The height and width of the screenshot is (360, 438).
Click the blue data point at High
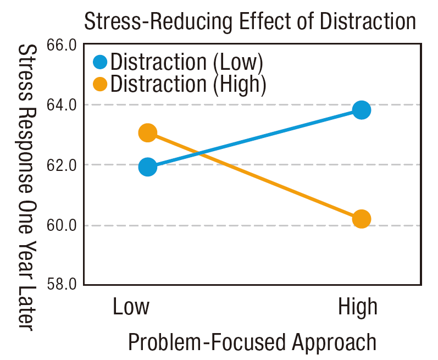[x=361, y=110]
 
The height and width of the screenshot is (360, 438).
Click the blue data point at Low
[x=148, y=167]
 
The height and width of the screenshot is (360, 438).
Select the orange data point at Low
[x=147, y=132]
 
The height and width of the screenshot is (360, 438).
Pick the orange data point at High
[x=361, y=219]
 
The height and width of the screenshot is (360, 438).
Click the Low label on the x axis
[x=131, y=307]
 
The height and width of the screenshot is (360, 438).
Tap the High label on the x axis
[x=358, y=307]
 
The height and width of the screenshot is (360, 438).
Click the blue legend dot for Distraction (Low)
[x=101, y=62]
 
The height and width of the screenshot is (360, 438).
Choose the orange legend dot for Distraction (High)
[x=101, y=84]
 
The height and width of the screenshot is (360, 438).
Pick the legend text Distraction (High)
[x=188, y=84]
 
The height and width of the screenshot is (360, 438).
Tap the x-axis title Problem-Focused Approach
[x=252, y=342]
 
